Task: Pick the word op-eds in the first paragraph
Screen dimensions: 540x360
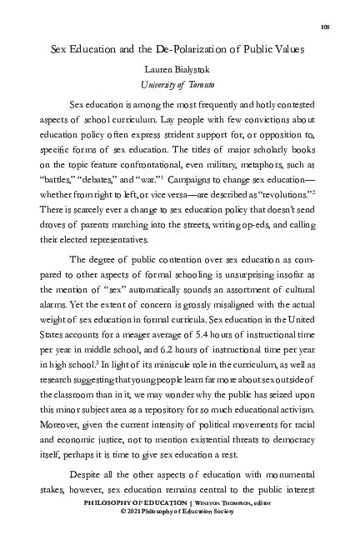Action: click(228, 217)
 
